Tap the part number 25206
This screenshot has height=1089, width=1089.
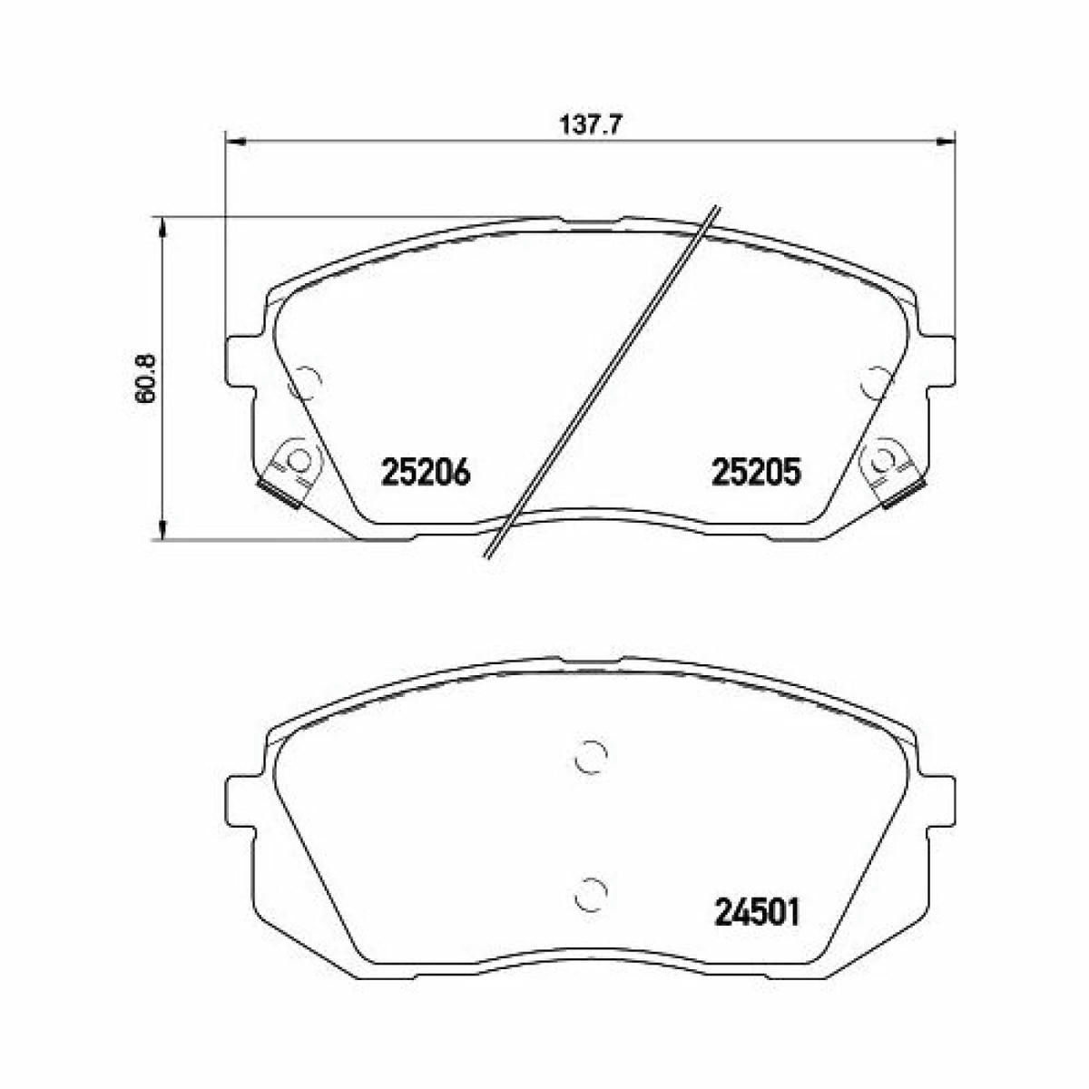pos(427,473)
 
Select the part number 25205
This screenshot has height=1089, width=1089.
pos(757,473)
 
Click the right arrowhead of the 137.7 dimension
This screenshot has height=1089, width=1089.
pos(944,142)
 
